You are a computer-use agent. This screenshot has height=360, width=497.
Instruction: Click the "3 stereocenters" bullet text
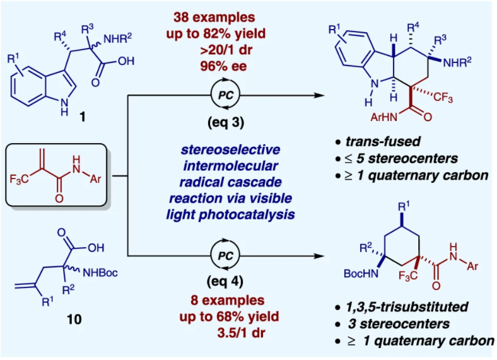pos(390,324)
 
